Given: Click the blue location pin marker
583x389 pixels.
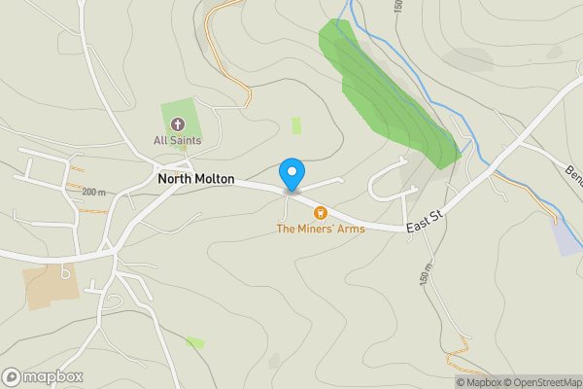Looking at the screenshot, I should (x=291, y=174).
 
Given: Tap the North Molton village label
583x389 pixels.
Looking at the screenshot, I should (x=195, y=180).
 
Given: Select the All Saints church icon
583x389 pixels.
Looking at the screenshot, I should (x=178, y=124).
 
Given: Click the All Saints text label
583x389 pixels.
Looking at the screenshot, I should (x=178, y=141).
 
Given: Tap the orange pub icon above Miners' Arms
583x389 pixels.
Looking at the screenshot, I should (x=319, y=213).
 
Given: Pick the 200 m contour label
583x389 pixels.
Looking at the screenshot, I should (x=93, y=192).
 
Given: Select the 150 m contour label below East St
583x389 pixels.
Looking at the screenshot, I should (x=425, y=276).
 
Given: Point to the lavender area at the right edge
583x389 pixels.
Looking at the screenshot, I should (x=567, y=237).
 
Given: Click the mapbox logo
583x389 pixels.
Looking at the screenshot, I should (x=43, y=376).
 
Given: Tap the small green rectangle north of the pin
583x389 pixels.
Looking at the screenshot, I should (x=296, y=125).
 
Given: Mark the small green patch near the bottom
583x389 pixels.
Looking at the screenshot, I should (x=195, y=342).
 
